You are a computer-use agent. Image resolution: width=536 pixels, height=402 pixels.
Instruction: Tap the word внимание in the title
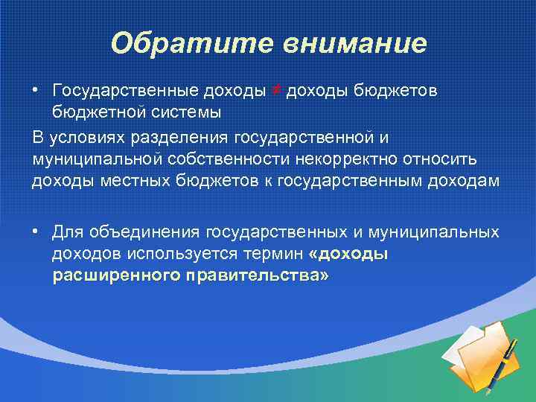[x=353, y=43]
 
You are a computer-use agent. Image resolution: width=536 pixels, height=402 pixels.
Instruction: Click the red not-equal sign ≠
[x=275, y=90]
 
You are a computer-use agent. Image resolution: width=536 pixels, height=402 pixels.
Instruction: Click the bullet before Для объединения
[x=36, y=232]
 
